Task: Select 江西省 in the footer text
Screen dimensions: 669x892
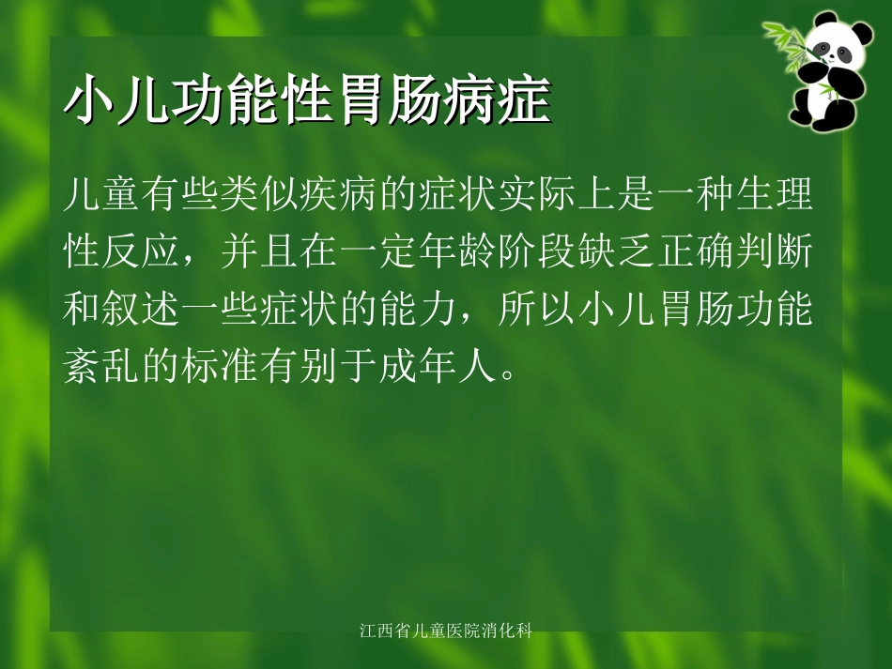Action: click(x=384, y=631)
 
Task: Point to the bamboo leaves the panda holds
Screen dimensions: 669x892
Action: click(x=787, y=38)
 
